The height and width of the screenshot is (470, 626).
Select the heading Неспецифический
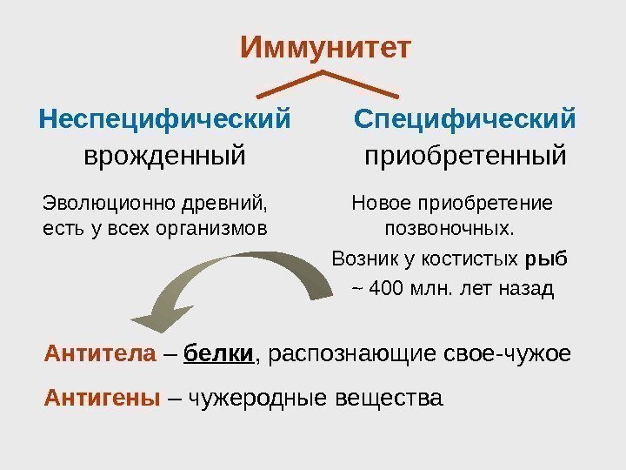click(x=164, y=117)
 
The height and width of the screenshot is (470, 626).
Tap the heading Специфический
click(x=465, y=117)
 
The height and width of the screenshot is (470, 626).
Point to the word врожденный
click(x=164, y=157)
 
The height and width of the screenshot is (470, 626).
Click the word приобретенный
click(x=464, y=157)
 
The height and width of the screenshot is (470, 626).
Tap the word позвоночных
click(x=449, y=230)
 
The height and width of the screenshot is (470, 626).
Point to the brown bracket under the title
click(x=323, y=84)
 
